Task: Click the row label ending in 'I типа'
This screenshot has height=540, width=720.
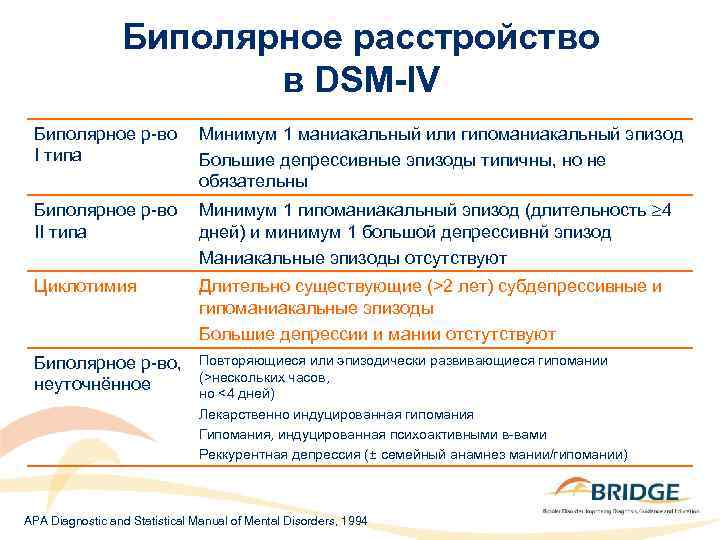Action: pyautogui.click(x=106, y=145)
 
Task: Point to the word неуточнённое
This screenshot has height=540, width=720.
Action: pyautogui.click(x=92, y=384)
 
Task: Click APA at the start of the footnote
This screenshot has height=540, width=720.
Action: pyautogui.click(x=36, y=522)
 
